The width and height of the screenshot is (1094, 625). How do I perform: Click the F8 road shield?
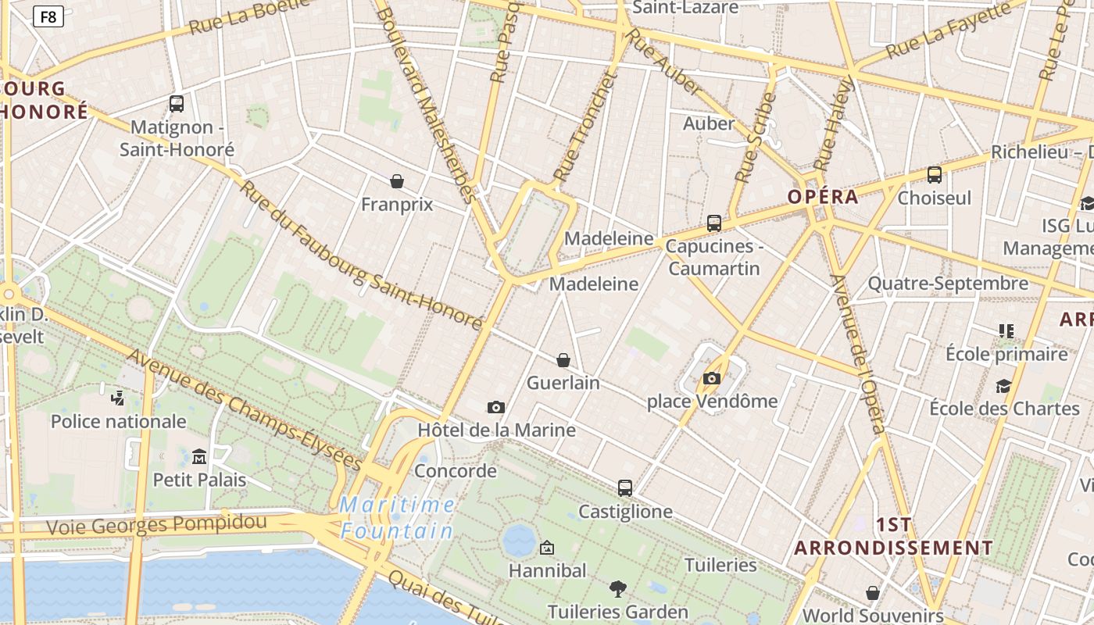pyautogui.click(x=48, y=16)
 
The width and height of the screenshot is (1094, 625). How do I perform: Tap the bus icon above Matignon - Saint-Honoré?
pyautogui.click(x=177, y=103)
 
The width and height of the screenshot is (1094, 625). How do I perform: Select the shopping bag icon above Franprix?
pyautogui.click(x=397, y=181)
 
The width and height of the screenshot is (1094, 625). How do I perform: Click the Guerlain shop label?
pyautogui.click(x=563, y=383)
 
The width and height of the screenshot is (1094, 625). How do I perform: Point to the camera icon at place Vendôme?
pyautogui.click(x=711, y=378)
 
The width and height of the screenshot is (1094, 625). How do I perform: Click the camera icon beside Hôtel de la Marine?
pyautogui.click(x=495, y=407)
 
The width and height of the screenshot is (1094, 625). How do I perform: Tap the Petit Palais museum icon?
pyautogui.click(x=199, y=456)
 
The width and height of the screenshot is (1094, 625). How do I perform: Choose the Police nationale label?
pyautogui.click(x=119, y=422)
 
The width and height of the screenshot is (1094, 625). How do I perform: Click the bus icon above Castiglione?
pyautogui.click(x=625, y=487)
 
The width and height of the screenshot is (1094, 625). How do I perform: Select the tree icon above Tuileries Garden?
pyautogui.click(x=618, y=588)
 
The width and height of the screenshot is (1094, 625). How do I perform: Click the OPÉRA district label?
pyautogui.click(x=823, y=197)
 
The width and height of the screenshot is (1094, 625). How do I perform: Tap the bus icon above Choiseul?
pyautogui.click(x=935, y=174)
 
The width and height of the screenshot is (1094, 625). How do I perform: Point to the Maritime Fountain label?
pyautogui.click(x=398, y=518)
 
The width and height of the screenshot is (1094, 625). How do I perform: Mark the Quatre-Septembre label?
pyautogui.click(x=948, y=284)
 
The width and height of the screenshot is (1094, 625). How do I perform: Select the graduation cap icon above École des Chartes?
pyautogui.click(x=1003, y=385)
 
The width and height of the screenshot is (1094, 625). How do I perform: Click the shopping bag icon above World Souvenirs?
pyautogui.click(x=873, y=593)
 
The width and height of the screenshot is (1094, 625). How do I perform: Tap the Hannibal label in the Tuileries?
pyautogui.click(x=547, y=570)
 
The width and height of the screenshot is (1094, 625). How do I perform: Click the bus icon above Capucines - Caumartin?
pyautogui.click(x=714, y=223)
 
